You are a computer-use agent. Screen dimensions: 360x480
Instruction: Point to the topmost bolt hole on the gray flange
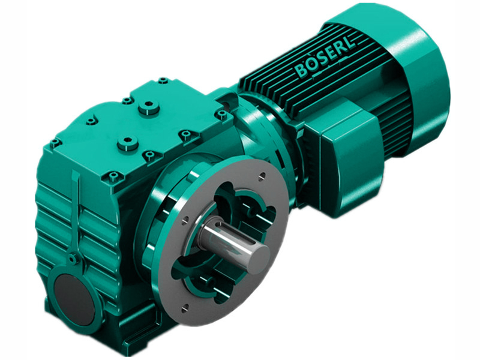tap(262, 176)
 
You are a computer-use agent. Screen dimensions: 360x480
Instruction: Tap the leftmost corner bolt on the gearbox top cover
tap(55, 142)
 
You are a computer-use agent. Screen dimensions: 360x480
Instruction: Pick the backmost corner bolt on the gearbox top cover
tap(163, 79)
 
